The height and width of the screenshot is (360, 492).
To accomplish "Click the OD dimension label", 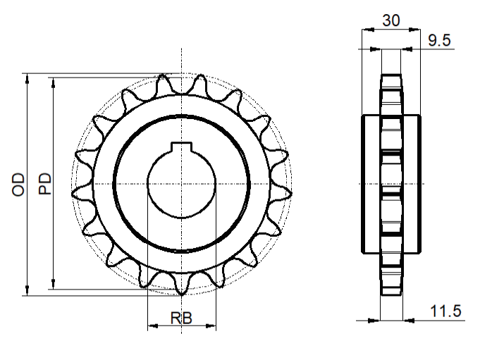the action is pyautogui.click(x=18, y=185).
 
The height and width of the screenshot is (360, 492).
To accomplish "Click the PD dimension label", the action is pyautogui.click(x=45, y=183).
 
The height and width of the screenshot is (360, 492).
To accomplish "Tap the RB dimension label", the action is pyautogui.click(x=181, y=318).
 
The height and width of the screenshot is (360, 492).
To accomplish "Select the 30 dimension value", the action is pyautogui.click(x=391, y=20).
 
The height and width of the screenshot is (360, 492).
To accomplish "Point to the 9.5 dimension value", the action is pyautogui.click(x=439, y=40).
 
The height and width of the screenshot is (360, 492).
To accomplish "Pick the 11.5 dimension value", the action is pyautogui.click(x=445, y=311).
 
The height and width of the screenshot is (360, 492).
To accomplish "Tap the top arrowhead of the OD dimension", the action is pyautogui.click(x=27, y=79).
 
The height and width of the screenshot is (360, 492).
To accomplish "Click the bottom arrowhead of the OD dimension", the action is pyautogui.click(x=27, y=290).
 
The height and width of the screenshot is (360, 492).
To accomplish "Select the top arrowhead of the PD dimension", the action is pyautogui.click(x=54, y=82).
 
